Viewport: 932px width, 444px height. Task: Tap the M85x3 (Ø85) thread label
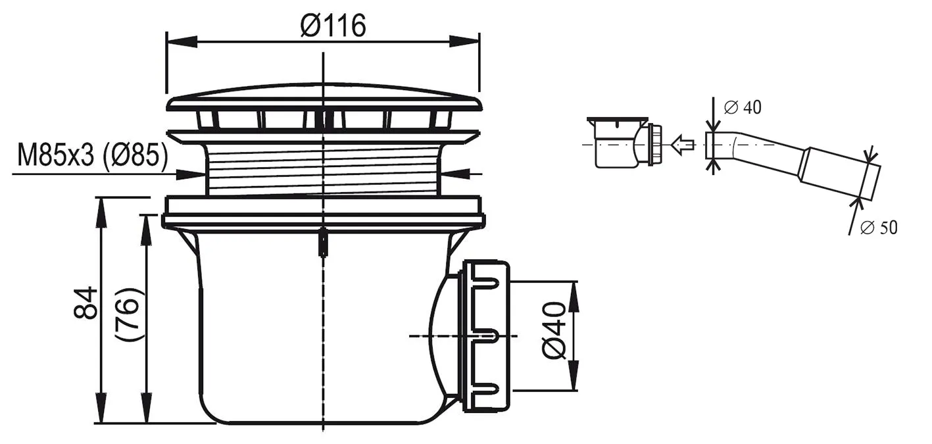92,157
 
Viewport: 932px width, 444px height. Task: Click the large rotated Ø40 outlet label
554,331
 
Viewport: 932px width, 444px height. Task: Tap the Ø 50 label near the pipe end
878,228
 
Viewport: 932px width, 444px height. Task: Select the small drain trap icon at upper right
625,142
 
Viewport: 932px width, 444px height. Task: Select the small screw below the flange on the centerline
324,242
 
